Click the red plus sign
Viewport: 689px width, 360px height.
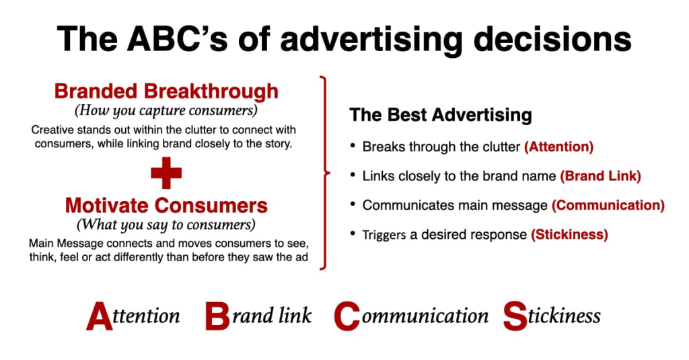[166, 173]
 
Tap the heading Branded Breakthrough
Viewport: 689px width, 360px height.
[166, 92]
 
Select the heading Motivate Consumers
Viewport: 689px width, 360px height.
[166, 206]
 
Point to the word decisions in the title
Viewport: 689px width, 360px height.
[552, 39]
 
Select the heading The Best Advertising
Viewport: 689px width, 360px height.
[440, 115]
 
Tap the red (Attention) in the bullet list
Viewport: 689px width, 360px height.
[558, 147]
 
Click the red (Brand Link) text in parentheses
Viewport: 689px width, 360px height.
[600, 176]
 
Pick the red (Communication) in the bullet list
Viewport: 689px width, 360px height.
[608, 205]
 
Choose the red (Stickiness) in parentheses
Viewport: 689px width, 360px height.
[569, 235]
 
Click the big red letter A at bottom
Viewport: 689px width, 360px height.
[100, 316]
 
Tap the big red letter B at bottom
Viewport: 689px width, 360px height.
[217, 316]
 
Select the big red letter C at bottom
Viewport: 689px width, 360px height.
[347, 316]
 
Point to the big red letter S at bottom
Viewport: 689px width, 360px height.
[515, 316]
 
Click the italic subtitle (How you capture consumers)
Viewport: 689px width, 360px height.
[166, 111]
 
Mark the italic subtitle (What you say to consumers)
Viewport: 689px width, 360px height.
[166, 225]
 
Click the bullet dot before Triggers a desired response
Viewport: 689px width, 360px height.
[353, 233]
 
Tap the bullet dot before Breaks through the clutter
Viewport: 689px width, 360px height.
[353, 145]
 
